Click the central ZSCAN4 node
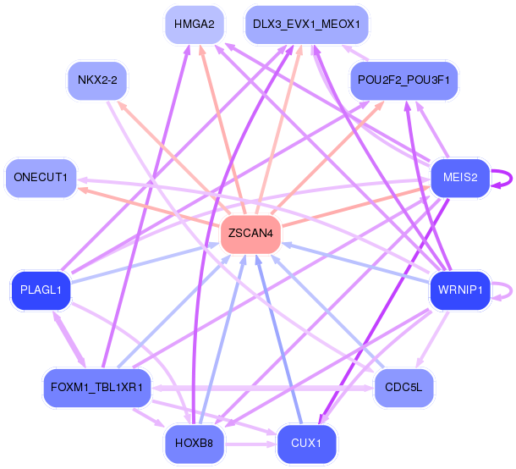pos(250,234)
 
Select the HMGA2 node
pos(195,25)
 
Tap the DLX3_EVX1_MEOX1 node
pos(306,25)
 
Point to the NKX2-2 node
pos(97,80)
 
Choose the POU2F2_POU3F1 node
pos(403,80)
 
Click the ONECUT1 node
pos(41,178)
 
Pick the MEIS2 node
pos(460,178)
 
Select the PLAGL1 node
pos(41,290)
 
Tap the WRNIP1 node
pos(460,290)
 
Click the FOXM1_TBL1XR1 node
pos(97,388)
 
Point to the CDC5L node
pos(403,388)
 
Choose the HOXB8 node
pos(195,444)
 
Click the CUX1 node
pos(306,444)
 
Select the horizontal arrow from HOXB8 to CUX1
pos(250,444)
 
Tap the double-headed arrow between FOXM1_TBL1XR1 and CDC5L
pos(262,388)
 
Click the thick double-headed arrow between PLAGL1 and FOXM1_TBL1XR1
pos(69,339)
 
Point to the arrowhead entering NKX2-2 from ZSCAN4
pos(121,105)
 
